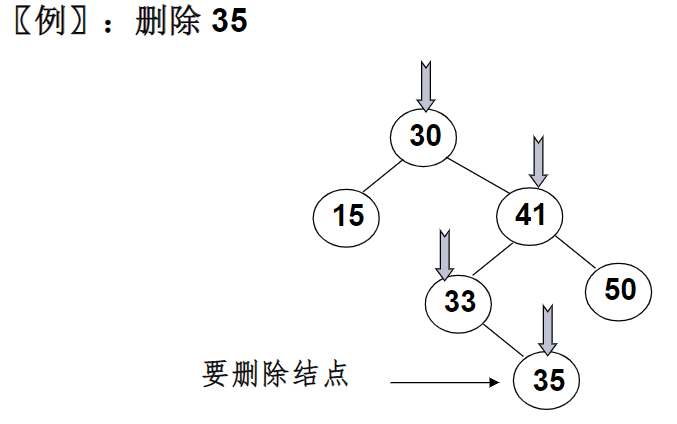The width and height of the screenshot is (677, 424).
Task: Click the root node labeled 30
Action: [x=424, y=137]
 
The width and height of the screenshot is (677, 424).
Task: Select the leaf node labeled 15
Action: [x=348, y=216]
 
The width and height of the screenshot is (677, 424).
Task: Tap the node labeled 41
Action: [x=530, y=214]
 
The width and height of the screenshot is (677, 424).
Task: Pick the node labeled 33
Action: [x=460, y=301]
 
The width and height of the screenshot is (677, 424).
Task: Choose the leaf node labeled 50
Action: [x=620, y=290]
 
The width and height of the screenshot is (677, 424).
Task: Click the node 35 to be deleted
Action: [x=547, y=380]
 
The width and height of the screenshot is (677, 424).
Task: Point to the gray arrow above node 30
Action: [x=426, y=86]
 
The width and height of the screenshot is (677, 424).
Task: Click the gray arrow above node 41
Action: [x=539, y=161]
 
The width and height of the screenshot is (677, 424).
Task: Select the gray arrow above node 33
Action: [x=445, y=255]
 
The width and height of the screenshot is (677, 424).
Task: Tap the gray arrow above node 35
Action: [x=547, y=329]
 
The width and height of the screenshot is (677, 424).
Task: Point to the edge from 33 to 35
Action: [x=504, y=340]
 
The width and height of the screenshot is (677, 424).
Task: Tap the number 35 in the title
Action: [x=229, y=22]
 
